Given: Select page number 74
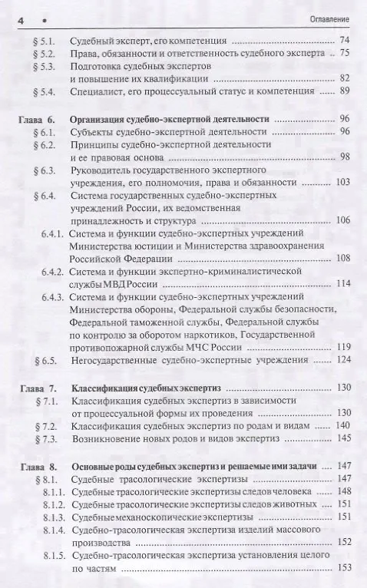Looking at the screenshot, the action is [x=343, y=39].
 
